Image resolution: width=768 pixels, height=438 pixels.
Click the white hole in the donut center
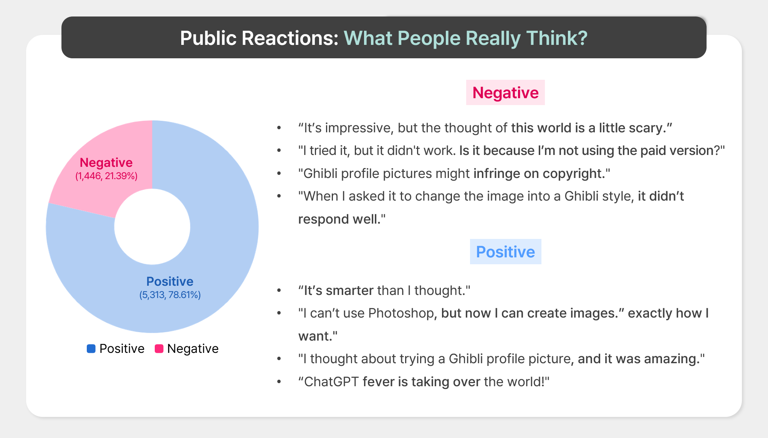[152, 227]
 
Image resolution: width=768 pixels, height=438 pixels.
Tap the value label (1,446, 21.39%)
[106, 176]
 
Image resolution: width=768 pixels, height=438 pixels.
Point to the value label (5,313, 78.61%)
[170, 295]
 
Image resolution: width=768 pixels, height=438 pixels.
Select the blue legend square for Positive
[91, 349]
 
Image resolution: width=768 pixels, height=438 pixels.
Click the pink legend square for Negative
[159, 349]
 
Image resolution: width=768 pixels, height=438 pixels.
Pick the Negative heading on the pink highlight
[505, 92]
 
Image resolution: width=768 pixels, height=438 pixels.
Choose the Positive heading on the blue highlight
[505, 252]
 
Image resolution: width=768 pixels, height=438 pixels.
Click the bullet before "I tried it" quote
[279, 151]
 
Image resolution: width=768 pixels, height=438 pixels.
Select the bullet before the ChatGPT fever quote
[279, 382]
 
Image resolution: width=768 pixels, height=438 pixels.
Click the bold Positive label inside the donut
[170, 282]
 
